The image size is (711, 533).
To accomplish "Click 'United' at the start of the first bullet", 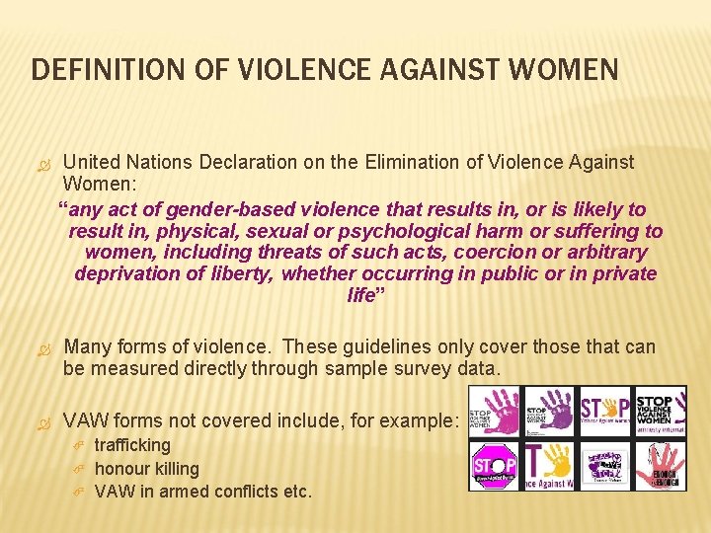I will (x=92, y=162).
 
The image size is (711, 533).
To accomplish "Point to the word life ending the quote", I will (x=361, y=295).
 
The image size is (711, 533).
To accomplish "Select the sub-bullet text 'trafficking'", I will (x=132, y=445).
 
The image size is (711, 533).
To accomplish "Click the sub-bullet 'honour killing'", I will (x=146, y=469).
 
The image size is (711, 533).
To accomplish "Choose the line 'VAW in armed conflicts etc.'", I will (x=202, y=491).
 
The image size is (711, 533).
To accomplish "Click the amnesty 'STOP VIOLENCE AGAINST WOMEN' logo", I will (x=660, y=411).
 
